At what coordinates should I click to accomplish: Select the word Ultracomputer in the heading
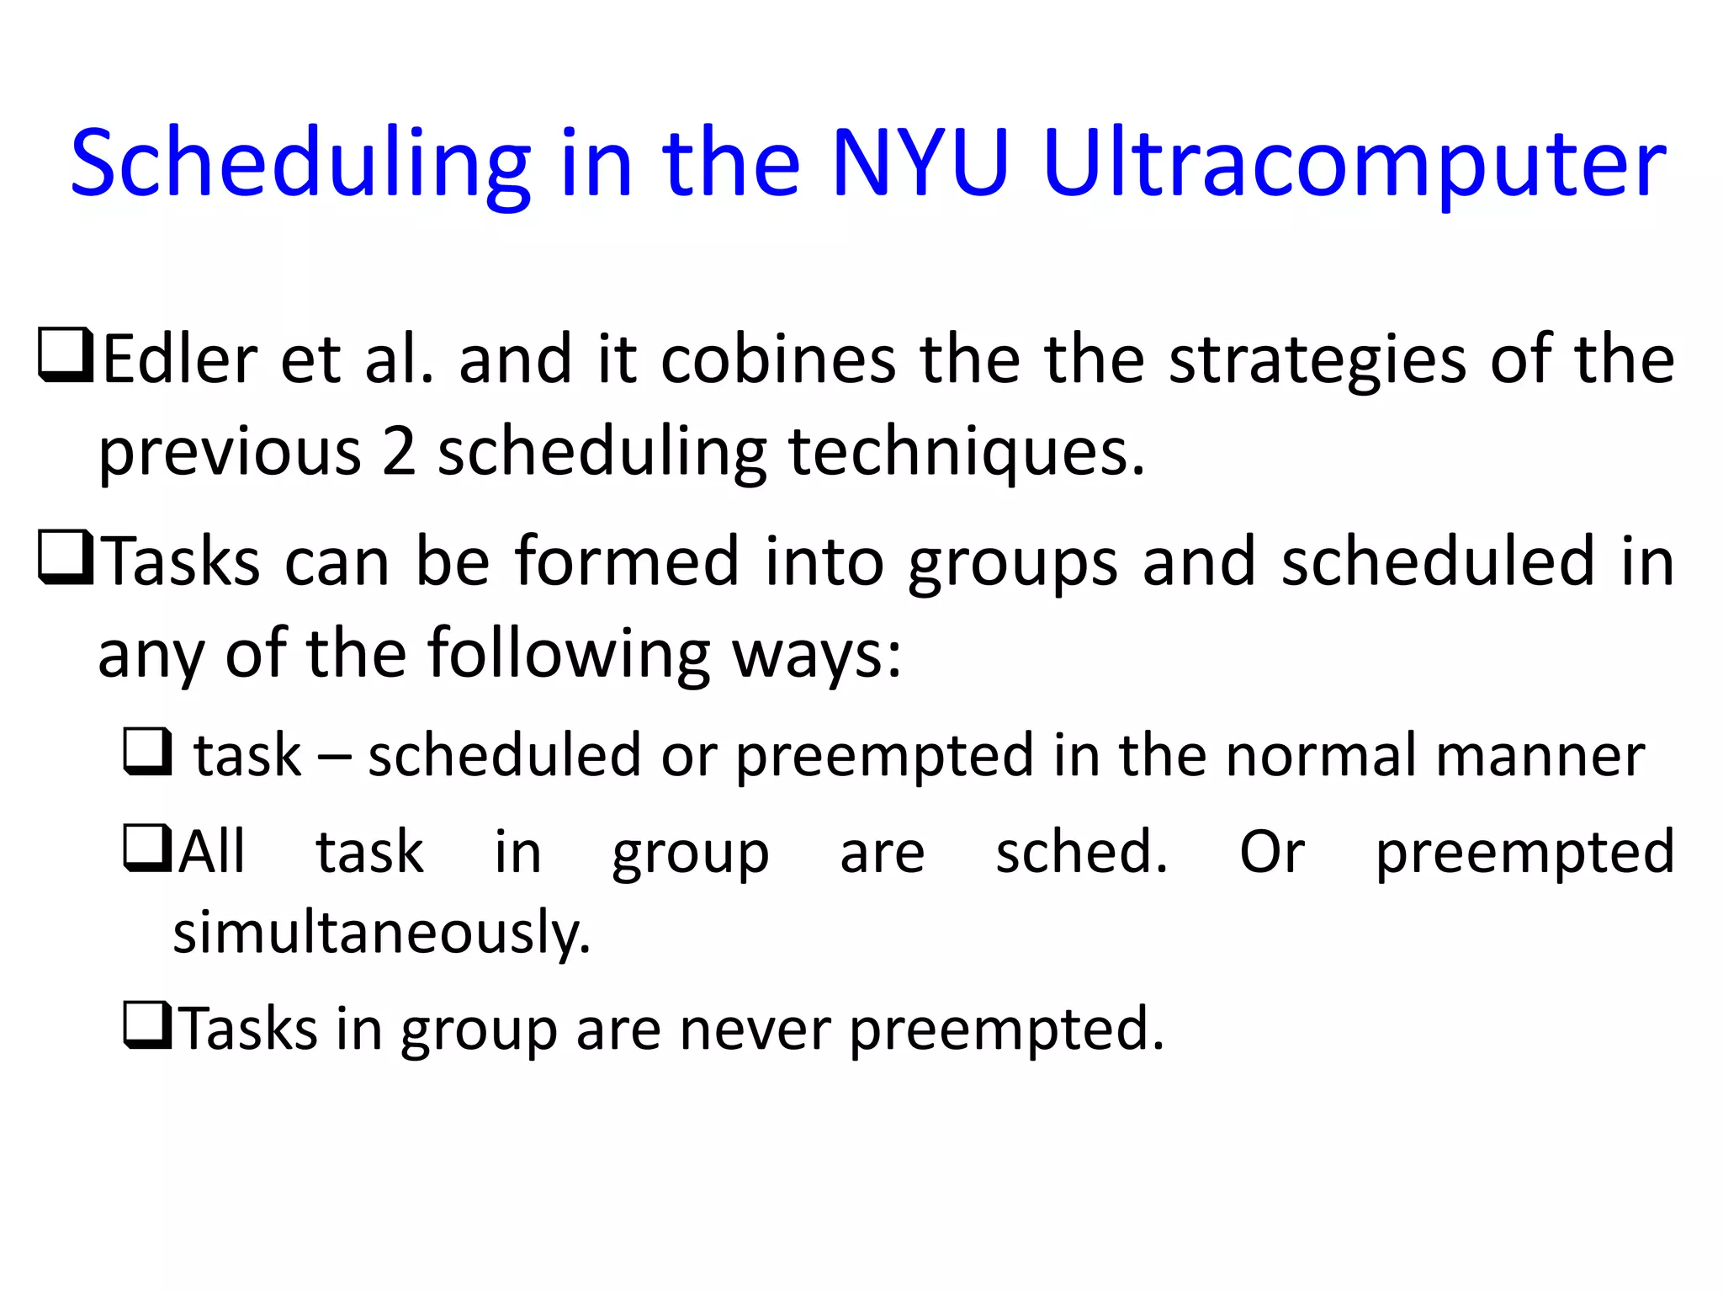click(1354, 164)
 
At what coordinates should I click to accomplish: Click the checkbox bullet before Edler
click(66, 356)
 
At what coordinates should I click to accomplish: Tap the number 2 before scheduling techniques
click(399, 451)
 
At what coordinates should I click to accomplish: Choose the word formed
click(627, 561)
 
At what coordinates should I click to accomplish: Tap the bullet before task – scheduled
click(148, 751)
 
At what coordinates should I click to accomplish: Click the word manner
click(1540, 756)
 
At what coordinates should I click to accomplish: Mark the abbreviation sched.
click(1081, 852)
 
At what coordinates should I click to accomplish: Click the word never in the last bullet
click(755, 1029)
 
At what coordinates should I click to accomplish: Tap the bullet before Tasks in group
click(147, 1024)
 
